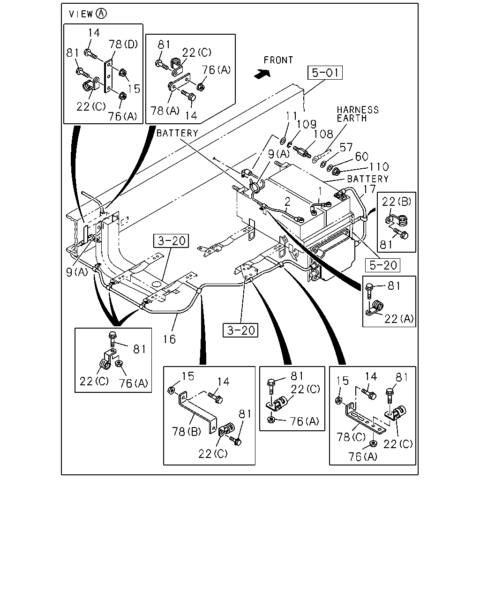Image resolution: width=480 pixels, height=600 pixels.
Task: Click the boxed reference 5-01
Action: [x=325, y=73]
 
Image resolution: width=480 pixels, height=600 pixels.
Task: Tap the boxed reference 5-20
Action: [x=382, y=265]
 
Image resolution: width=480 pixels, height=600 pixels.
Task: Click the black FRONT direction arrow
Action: [x=262, y=74]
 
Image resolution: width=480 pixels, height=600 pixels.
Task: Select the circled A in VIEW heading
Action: [x=101, y=14]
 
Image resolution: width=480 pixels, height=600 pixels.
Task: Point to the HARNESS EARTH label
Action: [x=358, y=114]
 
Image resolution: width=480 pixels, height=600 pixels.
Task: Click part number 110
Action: [x=379, y=167]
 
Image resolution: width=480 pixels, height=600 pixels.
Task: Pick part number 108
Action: [x=323, y=134]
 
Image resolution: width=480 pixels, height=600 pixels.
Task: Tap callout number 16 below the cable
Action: [x=169, y=339]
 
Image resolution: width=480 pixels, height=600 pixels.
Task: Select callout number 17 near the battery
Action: [x=369, y=189]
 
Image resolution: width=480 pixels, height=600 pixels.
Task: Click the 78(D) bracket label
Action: [x=123, y=44]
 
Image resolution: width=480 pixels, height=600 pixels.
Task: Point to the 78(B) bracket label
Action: [x=186, y=432]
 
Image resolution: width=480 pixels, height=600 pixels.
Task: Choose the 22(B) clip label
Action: [x=396, y=202]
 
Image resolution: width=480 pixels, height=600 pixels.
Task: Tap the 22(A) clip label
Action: [x=399, y=319]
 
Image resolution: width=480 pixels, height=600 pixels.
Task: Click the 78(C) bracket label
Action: [x=351, y=437]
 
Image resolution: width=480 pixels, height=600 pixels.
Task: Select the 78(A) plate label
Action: [x=165, y=111]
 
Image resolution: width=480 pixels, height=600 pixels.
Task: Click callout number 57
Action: [x=346, y=148]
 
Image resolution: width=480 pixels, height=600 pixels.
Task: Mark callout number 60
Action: [x=362, y=157]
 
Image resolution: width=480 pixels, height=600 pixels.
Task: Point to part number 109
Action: [x=306, y=124]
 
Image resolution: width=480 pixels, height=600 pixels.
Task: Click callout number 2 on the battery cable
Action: [x=287, y=202]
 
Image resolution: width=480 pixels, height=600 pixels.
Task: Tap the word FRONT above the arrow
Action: [x=278, y=60]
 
